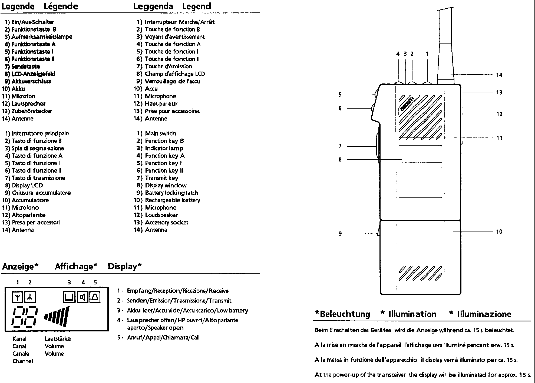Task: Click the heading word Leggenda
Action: tap(153, 6)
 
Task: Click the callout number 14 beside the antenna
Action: tap(499, 75)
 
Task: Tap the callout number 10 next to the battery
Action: tap(499, 231)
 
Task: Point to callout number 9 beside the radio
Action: tap(340, 234)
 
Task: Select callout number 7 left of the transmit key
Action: tap(340, 146)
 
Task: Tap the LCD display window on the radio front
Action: tap(420, 154)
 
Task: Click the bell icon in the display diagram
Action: tap(95, 297)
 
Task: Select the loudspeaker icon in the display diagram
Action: tap(82, 297)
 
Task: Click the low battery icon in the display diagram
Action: tap(69, 297)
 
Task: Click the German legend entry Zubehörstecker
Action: tap(32, 111)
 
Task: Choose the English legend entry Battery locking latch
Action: tap(171, 193)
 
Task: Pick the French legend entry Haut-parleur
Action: tap(161, 104)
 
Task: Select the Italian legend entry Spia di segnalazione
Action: tap(38, 148)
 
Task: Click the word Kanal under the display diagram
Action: tap(19, 339)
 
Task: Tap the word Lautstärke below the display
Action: tap(58, 339)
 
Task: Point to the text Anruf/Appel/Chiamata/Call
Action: tap(163, 338)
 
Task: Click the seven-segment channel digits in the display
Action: tap(24, 317)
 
